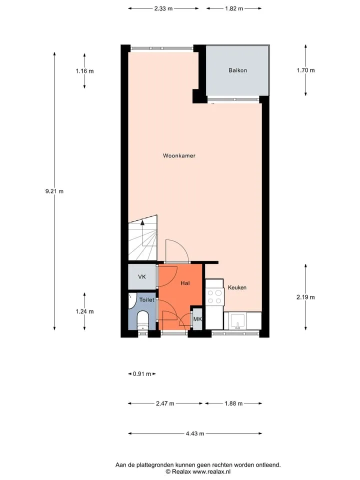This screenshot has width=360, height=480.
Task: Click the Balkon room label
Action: (x=237, y=70)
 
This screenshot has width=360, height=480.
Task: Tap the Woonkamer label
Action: (x=179, y=155)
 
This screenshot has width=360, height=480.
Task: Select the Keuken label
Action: (x=237, y=287)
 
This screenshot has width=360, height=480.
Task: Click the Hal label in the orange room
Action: (x=185, y=283)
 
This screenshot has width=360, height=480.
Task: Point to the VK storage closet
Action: (x=142, y=276)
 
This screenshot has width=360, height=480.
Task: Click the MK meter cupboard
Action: (x=197, y=319)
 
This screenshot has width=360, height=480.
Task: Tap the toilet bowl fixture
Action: (x=142, y=320)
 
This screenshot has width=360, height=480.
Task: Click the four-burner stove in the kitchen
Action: (x=214, y=296)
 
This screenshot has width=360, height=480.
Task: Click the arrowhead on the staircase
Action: (x=142, y=222)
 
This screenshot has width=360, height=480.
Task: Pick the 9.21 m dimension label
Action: (x=54, y=191)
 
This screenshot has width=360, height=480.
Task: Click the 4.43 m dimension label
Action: (x=195, y=433)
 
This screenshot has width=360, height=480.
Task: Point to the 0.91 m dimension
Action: (x=142, y=374)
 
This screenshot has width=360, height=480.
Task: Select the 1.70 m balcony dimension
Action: (x=305, y=70)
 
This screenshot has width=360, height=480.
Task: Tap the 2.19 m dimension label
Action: (x=305, y=297)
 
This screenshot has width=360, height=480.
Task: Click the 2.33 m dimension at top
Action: (x=163, y=8)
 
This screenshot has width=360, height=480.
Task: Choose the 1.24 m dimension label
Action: (x=84, y=311)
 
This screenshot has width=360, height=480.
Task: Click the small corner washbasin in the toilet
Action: (x=132, y=300)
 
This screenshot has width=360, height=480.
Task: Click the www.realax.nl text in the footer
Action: (x=211, y=471)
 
